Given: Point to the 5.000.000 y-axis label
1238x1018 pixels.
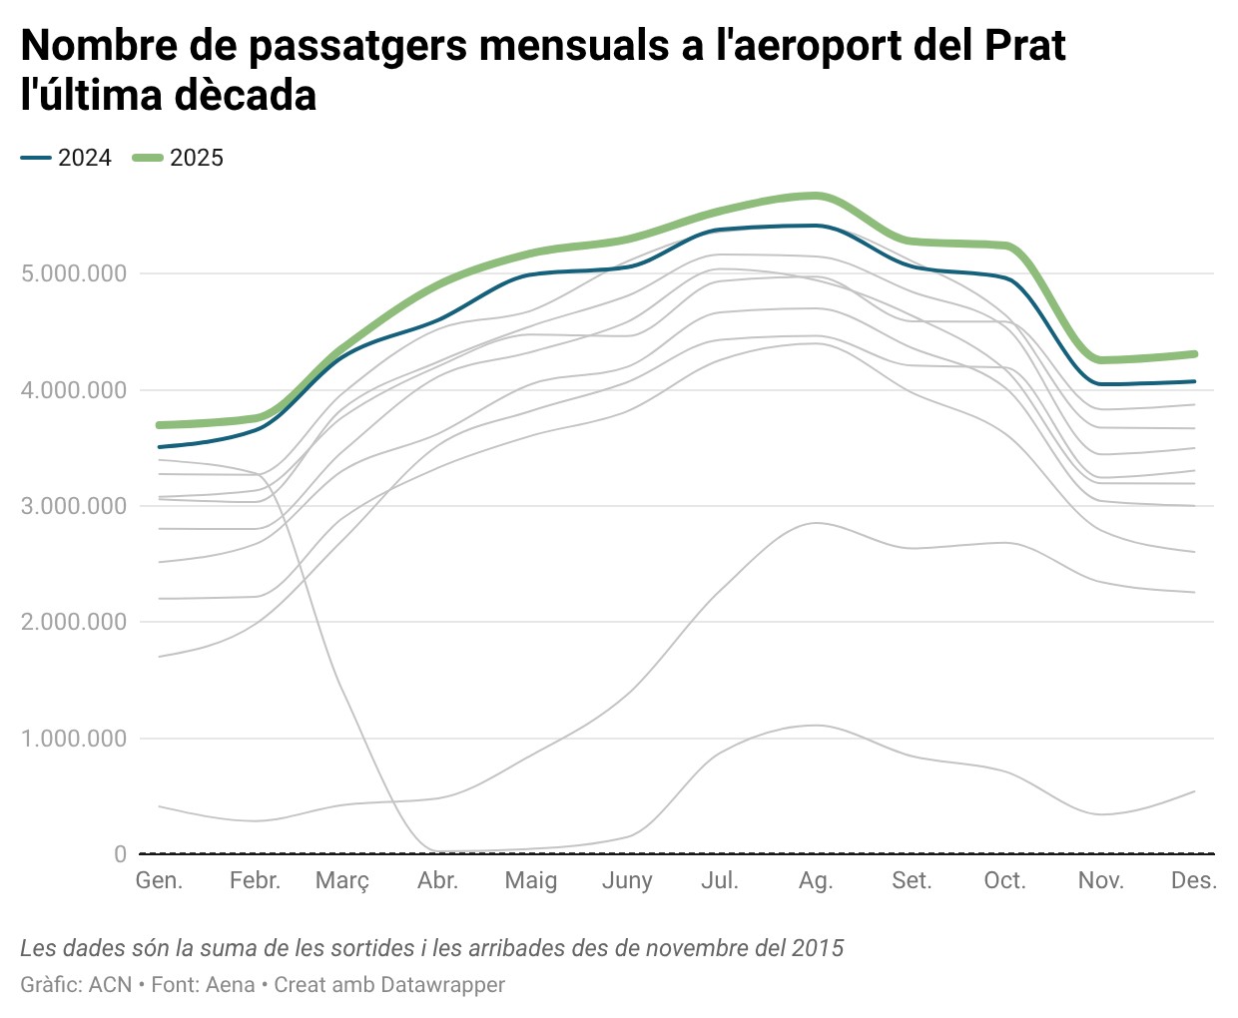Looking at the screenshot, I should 74,273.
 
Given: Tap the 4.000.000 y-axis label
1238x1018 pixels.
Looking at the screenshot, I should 74,390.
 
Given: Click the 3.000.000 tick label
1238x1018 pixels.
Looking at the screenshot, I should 74,506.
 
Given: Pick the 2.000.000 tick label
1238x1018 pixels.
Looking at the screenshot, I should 74,622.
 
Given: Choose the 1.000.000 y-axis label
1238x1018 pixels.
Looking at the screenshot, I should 74,739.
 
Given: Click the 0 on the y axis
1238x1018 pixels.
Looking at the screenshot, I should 121,854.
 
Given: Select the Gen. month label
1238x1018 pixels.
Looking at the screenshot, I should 159,880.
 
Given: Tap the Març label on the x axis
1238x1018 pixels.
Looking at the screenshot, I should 342,881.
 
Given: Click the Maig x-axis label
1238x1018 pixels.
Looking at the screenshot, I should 530,881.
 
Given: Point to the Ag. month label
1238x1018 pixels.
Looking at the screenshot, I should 816,881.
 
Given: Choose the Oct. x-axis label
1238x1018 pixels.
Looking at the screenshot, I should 1004,880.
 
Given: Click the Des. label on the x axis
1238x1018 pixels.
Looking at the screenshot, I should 1193,880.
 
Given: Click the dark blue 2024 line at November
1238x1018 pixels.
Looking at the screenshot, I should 1101,384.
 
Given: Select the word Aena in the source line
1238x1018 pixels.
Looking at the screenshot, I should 231,985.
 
